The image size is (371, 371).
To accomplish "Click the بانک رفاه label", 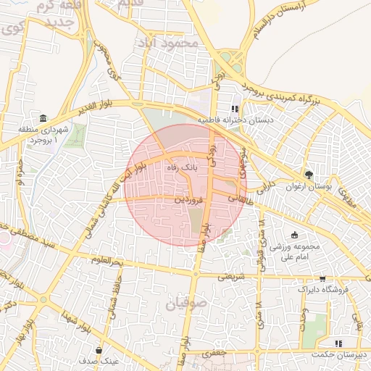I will pyautogui.click(x=181, y=167).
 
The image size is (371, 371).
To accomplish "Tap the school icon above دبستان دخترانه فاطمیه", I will pyautogui.click(x=234, y=109).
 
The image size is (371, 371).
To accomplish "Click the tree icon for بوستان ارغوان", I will pyautogui.click(x=309, y=175).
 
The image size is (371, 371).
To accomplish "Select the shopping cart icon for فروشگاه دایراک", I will pyautogui.click(x=322, y=278).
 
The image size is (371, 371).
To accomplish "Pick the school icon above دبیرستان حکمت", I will pyautogui.click(x=337, y=343).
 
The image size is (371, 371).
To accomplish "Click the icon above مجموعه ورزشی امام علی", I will pyautogui.click(x=294, y=235).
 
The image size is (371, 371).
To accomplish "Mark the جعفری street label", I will pyautogui.click(x=214, y=353).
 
